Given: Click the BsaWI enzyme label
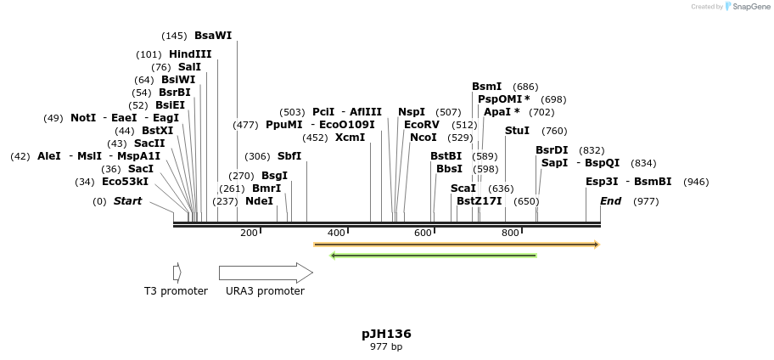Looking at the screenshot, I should (213, 36).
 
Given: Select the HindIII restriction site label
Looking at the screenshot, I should (190, 54).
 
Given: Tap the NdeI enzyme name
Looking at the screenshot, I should (260, 201).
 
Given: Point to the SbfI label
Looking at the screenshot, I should (289, 156).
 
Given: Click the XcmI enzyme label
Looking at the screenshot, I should (350, 138).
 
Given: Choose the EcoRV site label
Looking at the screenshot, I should (422, 125).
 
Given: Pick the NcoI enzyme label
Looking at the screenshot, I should (423, 138).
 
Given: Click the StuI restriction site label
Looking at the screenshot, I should (517, 131).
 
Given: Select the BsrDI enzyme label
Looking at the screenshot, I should (552, 150).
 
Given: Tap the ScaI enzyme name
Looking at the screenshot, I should (463, 188).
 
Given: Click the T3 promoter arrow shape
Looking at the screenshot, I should (177, 273).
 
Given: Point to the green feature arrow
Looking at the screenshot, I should (433, 255).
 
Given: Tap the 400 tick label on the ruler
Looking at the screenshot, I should (336, 233).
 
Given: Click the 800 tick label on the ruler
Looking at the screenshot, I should (510, 233).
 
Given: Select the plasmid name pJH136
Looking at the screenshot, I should (386, 334).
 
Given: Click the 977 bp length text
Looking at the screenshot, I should (386, 346).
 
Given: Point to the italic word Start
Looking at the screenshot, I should (127, 201).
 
